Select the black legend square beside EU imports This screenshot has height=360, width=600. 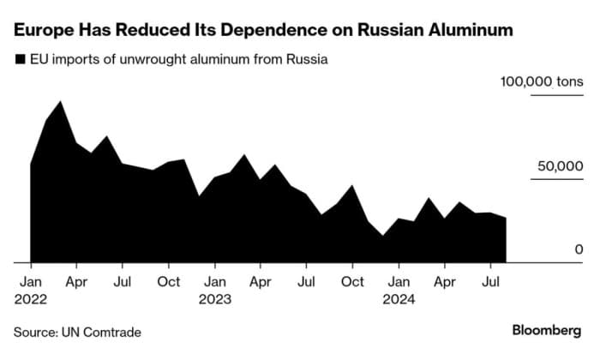coord(19,60)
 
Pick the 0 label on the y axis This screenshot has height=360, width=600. coord(579,249)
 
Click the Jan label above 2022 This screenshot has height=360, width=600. coord(30,281)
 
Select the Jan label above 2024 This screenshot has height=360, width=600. coord(398,281)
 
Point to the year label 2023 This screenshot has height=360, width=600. coord(217,299)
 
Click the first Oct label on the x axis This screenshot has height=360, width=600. coord(169,281)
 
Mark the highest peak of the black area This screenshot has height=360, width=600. coord(60,102)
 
